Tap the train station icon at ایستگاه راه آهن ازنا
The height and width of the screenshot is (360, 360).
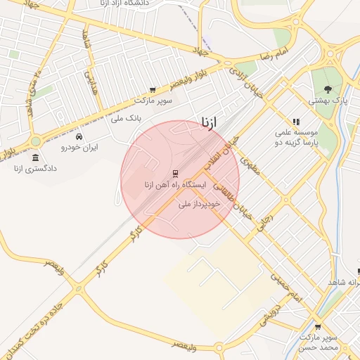[174, 173]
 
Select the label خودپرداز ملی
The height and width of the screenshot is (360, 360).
[200, 203]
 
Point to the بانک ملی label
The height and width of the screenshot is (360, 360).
[127, 118]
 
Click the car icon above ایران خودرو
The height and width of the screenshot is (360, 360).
[79, 136]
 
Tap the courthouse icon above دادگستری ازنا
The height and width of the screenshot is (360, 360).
[36, 155]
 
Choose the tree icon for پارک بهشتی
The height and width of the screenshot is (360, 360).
[328, 89]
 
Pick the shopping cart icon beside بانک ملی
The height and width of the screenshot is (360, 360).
[152, 90]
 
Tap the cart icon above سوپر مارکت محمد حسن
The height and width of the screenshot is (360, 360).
[318, 326]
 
